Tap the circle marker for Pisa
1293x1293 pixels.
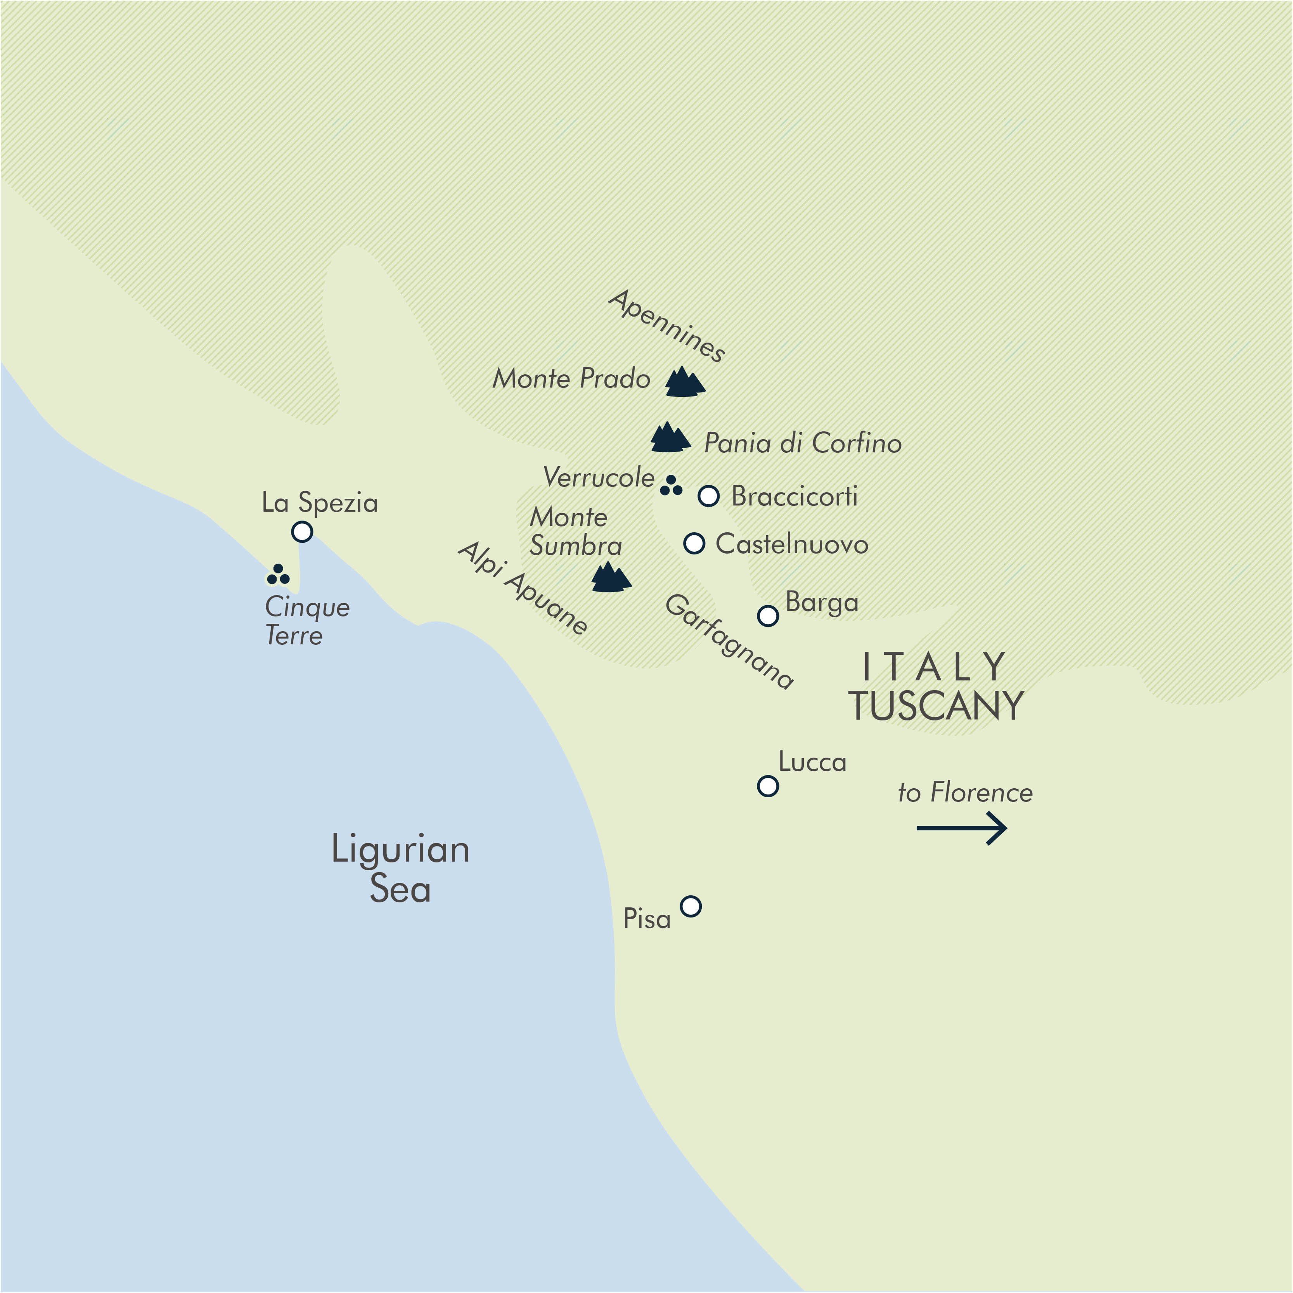click(691, 906)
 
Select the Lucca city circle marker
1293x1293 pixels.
click(768, 786)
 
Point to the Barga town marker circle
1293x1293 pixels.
click(768, 616)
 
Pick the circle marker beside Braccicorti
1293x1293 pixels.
click(709, 496)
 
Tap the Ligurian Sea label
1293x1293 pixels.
click(400, 869)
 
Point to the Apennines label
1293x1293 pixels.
click(666, 326)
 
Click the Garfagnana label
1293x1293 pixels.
click(729, 641)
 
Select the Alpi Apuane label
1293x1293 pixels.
click(523, 588)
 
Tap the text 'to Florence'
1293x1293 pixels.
click(965, 793)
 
